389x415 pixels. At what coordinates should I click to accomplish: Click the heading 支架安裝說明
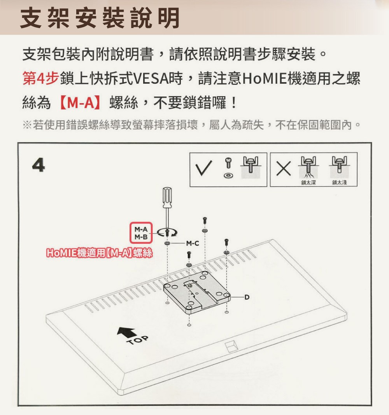[x=100, y=18]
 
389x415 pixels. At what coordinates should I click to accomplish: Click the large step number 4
[x=39, y=166]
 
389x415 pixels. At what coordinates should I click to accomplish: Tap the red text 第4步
[x=40, y=79]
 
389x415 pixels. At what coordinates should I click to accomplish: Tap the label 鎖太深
[x=308, y=183]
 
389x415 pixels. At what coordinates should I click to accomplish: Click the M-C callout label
[x=192, y=244]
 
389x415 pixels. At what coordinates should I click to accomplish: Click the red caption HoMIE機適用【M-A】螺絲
[x=99, y=253]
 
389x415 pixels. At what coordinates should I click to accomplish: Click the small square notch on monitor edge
[x=231, y=345]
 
